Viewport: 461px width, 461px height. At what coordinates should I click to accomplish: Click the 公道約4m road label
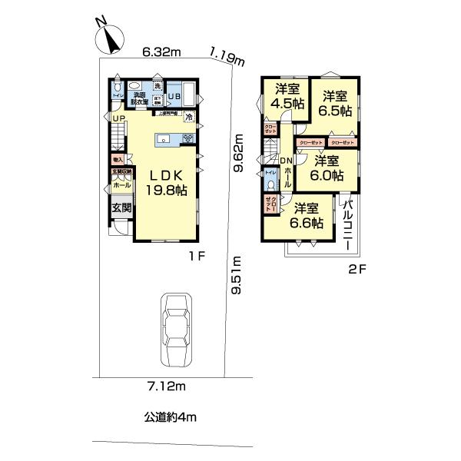click(x=171, y=417)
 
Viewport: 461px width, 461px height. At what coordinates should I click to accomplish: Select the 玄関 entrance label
click(x=121, y=207)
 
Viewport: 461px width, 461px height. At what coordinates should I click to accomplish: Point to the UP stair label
click(x=118, y=118)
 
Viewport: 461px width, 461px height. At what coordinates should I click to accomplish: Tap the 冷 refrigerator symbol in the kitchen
click(x=188, y=118)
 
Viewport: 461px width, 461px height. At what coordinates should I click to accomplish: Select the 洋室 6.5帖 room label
click(x=336, y=103)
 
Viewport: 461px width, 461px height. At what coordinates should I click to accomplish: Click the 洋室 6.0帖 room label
click(x=326, y=167)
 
